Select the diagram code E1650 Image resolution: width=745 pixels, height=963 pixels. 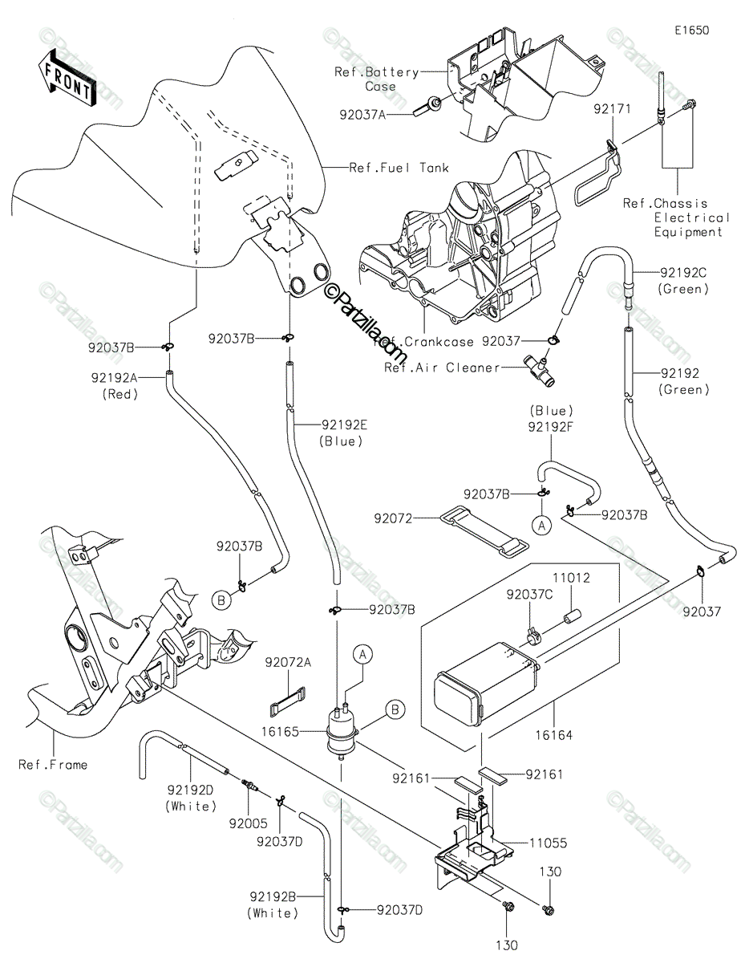[x=692, y=30]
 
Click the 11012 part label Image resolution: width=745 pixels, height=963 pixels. [x=571, y=578]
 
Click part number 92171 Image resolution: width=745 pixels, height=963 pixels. [x=612, y=108]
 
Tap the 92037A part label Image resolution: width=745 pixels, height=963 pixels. [x=362, y=115]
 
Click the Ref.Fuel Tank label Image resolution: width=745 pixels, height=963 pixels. [x=399, y=168]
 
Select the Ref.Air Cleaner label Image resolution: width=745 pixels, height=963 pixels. [x=442, y=368]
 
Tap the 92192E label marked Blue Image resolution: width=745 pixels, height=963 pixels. [x=344, y=433]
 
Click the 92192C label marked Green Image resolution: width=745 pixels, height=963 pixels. [x=683, y=280]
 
